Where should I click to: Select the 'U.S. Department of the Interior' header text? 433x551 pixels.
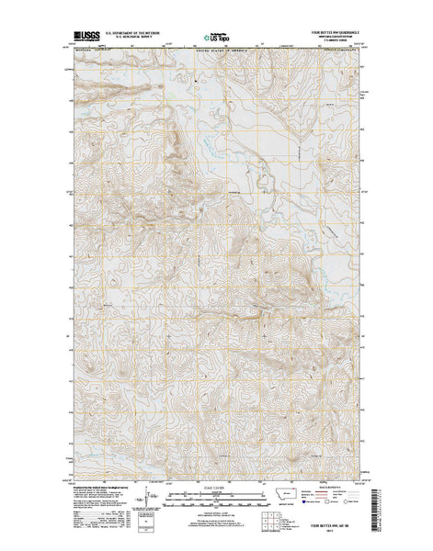[x=140, y=32]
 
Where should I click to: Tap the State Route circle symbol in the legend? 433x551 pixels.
[x=350, y=503]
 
